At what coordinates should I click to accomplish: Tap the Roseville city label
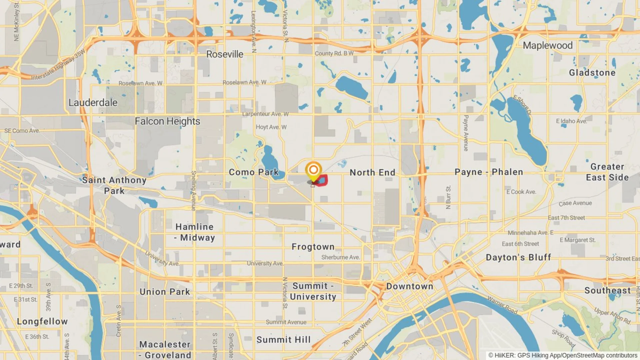(225, 54)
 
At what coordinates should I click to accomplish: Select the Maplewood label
(547, 46)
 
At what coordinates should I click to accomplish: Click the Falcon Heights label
(167, 121)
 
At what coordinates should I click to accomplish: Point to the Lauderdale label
(93, 103)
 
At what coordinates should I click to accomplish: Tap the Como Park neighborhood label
(253, 172)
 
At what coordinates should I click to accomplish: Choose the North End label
(372, 173)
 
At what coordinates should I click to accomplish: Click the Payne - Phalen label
(489, 172)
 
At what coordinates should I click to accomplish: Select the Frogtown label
(313, 247)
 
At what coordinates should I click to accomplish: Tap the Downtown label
(410, 286)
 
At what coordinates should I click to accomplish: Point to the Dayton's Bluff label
(518, 257)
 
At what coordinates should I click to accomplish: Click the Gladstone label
(592, 73)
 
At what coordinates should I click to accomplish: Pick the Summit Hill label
(283, 340)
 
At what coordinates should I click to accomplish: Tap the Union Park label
(165, 292)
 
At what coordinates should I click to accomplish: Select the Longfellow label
(42, 322)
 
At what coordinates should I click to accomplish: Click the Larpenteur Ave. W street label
(265, 114)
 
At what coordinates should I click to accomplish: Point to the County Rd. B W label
(334, 53)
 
